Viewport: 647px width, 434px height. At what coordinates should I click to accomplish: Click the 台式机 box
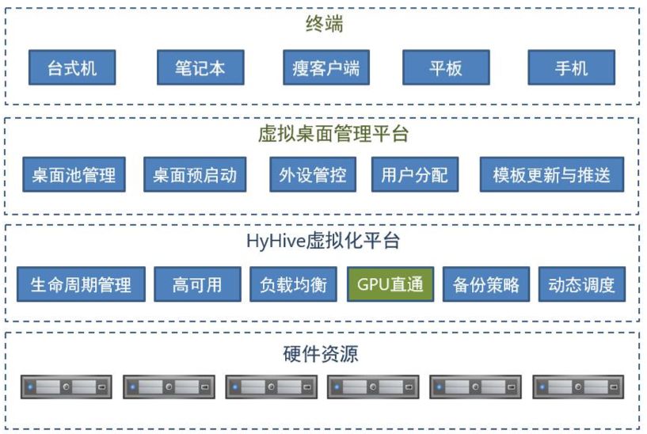pyautogui.click(x=72, y=68)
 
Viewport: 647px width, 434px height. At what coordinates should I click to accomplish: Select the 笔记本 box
pyautogui.click(x=200, y=68)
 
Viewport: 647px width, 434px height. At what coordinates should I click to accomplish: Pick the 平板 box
pyautogui.click(x=445, y=68)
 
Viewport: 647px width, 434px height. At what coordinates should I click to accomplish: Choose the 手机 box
pyautogui.click(x=571, y=68)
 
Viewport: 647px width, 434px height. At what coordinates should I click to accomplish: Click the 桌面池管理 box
pyautogui.click(x=74, y=175)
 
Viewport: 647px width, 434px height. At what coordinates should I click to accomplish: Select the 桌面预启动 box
pyautogui.click(x=195, y=175)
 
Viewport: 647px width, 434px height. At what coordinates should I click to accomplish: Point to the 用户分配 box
pyautogui.click(x=414, y=175)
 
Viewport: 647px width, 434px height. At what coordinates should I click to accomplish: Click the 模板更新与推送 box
pyautogui.click(x=552, y=175)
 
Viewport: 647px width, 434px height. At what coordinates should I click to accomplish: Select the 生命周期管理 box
pyautogui.click(x=81, y=284)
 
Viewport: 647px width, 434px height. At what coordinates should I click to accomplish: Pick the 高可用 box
pyautogui.click(x=196, y=284)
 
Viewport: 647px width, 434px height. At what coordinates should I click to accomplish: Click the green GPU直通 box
pyautogui.click(x=390, y=284)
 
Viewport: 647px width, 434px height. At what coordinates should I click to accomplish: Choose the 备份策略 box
pyautogui.click(x=486, y=284)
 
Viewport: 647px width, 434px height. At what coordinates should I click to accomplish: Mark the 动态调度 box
pyautogui.click(x=581, y=284)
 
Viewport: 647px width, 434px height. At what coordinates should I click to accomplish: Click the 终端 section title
pyautogui.click(x=324, y=25)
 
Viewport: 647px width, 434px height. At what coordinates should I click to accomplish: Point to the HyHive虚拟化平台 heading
pyautogui.click(x=323, y=241)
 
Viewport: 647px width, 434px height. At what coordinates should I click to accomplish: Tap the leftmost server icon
pyautogui.click(x=66, y=387)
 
